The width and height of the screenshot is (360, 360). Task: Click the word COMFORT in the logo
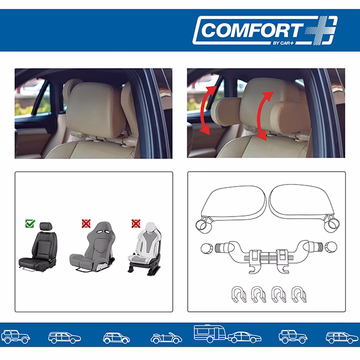(251, 30)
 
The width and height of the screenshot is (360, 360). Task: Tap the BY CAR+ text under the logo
(284, 43)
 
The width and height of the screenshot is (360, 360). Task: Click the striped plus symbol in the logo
(321, 30)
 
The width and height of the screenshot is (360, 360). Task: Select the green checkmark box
(30, 223)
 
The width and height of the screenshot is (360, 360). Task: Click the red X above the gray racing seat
(86, 223)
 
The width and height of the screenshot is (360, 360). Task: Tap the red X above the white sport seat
(136, 223)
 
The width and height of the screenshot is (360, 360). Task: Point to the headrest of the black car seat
(46, 226)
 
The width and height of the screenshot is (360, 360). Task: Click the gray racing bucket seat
(92, 247)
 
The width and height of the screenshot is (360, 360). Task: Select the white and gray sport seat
(145, 249)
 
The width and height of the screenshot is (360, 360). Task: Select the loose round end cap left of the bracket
(207, 249)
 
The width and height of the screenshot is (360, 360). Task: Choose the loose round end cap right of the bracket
(331, 247)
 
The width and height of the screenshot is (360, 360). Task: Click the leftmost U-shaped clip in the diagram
(239, 294)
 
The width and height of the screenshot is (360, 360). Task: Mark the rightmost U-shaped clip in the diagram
(299, 294)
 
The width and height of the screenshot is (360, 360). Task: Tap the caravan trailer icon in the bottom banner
(209, 333)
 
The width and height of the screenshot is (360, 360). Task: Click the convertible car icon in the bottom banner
(166, 338)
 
